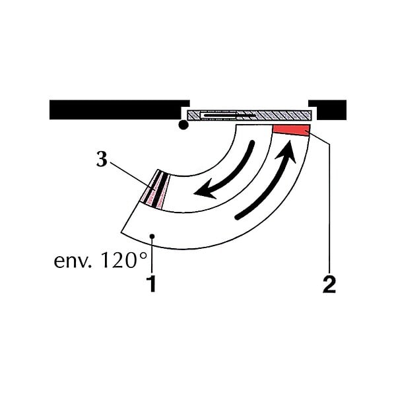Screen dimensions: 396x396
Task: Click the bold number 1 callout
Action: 152,284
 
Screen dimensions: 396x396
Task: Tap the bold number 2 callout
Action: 329,284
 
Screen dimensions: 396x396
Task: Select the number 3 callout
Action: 102,159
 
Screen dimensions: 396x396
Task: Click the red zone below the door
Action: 291,130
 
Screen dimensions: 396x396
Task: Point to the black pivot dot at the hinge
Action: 183,125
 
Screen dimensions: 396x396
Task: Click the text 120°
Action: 124,260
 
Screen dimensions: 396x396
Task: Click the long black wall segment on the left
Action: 119,110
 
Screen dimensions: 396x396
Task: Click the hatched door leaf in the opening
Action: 249,115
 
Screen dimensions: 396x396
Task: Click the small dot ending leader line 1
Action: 152,236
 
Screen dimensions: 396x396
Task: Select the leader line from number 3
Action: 133,176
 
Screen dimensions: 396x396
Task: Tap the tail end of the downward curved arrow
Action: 252,143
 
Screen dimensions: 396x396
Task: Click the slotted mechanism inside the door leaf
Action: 227,115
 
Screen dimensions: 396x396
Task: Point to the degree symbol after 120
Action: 143,255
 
